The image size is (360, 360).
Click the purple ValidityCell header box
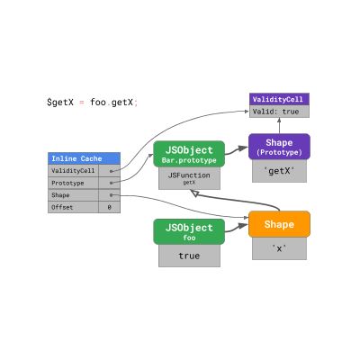pos(279,99)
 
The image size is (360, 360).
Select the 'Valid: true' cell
pos(279,112)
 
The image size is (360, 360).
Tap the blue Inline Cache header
pos(84,158)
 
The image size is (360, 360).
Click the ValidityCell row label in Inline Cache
pos(73,170)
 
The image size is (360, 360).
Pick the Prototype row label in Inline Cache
pos(73,182)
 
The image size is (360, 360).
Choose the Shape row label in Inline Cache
pos(73,194)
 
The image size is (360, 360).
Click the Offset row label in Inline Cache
pos(73,207)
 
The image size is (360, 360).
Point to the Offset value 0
pos(109,207)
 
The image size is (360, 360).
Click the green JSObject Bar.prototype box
pos(189,154)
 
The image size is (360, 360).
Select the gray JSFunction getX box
pos(189,178)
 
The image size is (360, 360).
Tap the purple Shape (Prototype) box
pos(279,147)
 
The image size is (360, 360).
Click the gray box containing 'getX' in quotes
pos(279,171)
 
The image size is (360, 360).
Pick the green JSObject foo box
pos(189,231)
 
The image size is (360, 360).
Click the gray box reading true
pos(189,256)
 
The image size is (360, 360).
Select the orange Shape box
pos(279,224)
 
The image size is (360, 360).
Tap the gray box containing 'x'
pos(279,248)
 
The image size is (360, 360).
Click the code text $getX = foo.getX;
pos(93,103)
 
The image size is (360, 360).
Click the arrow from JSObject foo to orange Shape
pos(237,228)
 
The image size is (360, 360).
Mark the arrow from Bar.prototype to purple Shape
pos(237,150)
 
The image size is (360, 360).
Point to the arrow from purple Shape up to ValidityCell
pos(279,126)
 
